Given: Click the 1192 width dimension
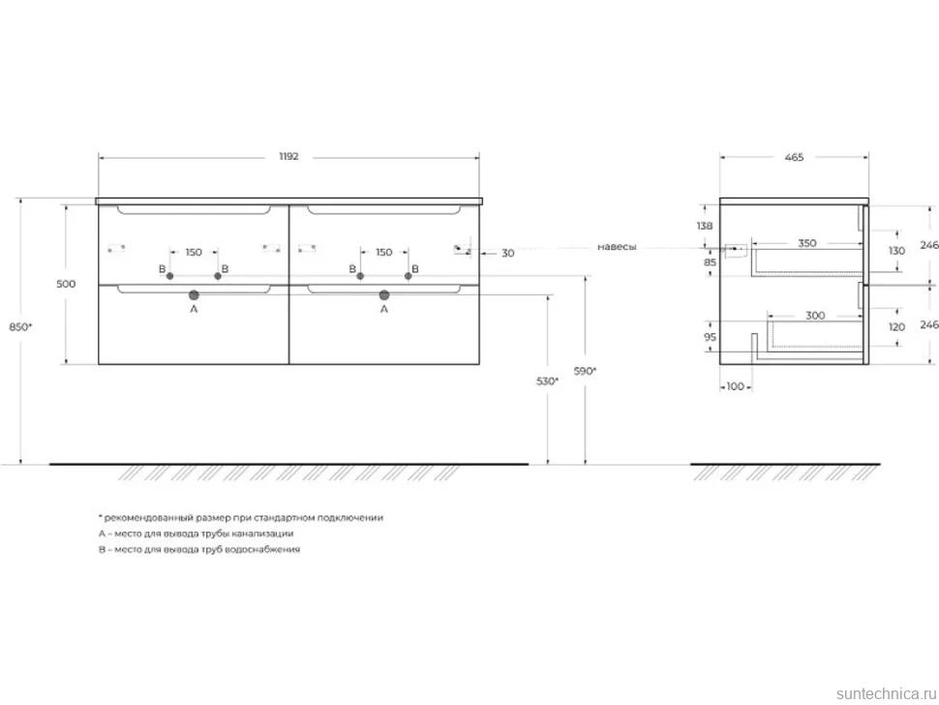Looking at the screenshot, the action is (288, 157).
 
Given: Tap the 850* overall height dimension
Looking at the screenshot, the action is (21, 327).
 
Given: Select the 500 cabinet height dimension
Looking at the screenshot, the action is (66, 284).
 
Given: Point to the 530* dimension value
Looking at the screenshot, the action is (547, 381).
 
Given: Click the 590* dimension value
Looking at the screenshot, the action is (585, 371).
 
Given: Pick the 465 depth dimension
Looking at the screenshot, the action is (794, 158).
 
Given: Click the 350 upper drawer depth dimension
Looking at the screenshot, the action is (807, 243).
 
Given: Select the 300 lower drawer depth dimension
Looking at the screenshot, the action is (815, 316).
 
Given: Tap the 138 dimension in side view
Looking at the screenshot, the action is (705, 226).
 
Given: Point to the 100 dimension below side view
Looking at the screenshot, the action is (736, 386).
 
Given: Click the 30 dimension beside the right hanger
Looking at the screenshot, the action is (508, 254).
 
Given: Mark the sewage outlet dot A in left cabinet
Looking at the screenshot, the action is (194, 294).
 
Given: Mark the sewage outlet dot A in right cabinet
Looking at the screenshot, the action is (384, 294).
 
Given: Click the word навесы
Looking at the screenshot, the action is (617, 247).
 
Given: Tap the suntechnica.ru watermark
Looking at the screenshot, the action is (887, 693).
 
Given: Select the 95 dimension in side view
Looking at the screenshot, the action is (710, 337).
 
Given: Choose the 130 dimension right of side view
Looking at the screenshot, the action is (896, 251).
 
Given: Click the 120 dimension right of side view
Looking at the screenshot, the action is (896, 327).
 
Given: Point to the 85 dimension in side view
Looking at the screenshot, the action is (710, 262).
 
